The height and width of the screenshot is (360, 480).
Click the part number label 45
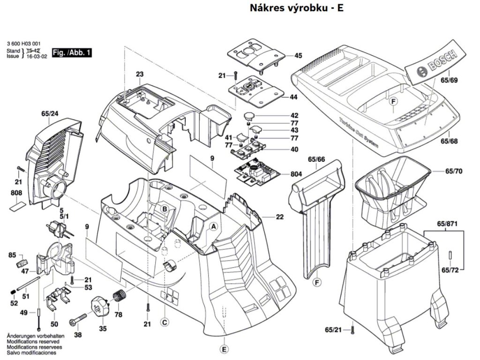(x=298, y=55)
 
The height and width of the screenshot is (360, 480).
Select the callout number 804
(x=296, y=174)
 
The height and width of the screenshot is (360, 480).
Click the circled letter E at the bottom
(x=225, y=349)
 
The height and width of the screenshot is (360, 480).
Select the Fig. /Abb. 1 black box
(x=72, y=53)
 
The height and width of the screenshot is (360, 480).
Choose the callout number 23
(x=139, y=74)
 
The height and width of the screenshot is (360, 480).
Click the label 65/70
(x=454, y=171)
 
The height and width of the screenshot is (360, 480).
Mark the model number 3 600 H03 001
(x=23, y=42)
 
